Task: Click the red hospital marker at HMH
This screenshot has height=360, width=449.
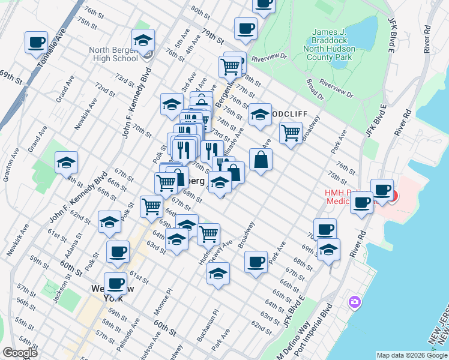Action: click(393, 196)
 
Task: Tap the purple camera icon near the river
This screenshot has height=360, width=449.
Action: click(355, 301)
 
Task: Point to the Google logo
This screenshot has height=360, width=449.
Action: click(20, 353)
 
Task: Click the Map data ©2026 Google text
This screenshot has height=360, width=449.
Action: click(412, 355)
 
